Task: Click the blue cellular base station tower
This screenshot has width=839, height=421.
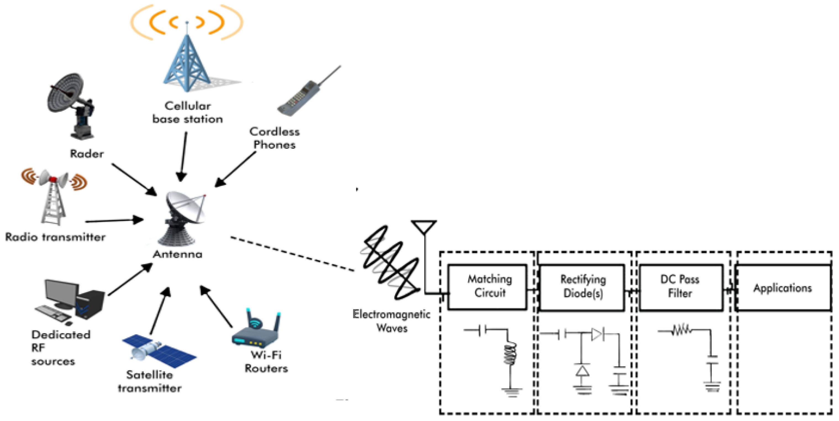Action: pyautogui.click(x=186, y=62)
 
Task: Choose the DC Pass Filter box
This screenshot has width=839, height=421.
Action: pyautogui.click(x=681, y=287)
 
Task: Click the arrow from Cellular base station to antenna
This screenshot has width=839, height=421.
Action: pyautogui.click(x=183, y=156)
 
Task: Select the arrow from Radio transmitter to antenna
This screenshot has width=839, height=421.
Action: pyautogui.click(x=114, y=221)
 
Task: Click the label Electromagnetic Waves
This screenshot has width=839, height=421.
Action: pyautogui.click(x=392, y=321)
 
